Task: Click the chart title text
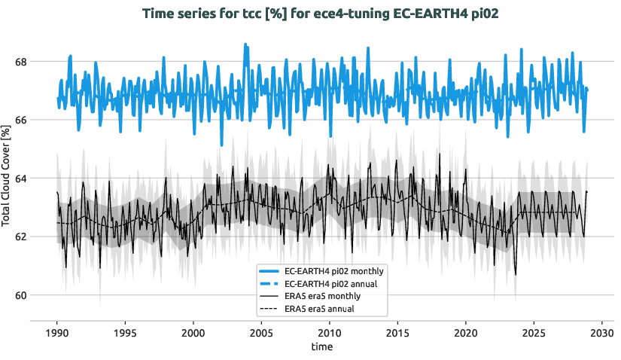(x=310, y=13)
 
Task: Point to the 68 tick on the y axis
(x=23, y=61)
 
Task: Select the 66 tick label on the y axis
(x=23, y=120)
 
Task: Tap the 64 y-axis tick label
(x=23, y=178)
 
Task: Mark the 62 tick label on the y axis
(x=23, y=236)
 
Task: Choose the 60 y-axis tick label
(x=23, y=295)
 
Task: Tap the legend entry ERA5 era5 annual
(x=320, y=309)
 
